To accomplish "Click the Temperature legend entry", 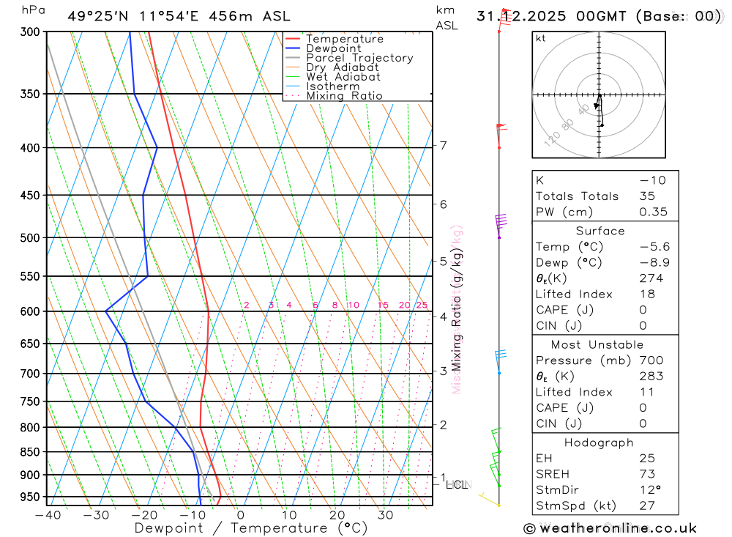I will pyautogui.click(x=344, y=39).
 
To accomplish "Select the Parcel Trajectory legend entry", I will pyautogui.click(x=359, y=58).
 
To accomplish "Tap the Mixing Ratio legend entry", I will pyautogui.click(x=344, y=96).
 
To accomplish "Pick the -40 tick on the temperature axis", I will pyautogui.click(x=48, y=515).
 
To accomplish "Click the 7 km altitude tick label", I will pyautogui.click(x=444, y=145).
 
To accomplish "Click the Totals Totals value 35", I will pyautogui.click(x=646, y=196).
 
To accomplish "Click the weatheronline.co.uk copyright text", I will pyautogui.click(x=610, y=528).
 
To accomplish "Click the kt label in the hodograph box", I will pyautogui.click(x=541, y=39).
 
